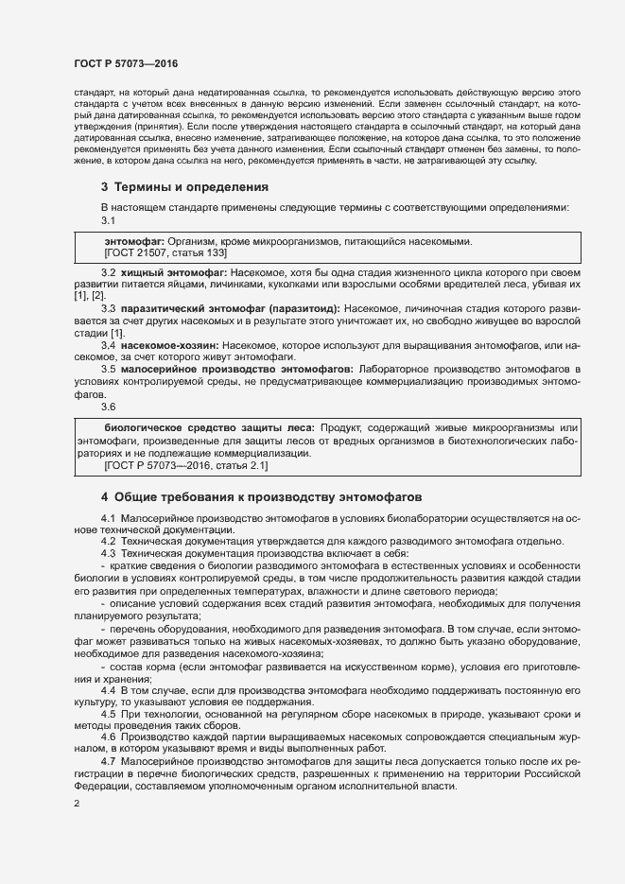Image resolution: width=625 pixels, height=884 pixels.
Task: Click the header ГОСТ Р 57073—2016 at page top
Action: tap(125, 63)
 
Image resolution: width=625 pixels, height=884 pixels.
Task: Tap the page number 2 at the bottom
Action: tap(77, 804)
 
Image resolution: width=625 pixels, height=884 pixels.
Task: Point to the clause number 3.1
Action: tap(108, 219)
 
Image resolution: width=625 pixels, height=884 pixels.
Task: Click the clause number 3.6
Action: tap(108, 406)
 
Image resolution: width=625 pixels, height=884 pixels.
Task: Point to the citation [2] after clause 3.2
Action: tap(98, 296)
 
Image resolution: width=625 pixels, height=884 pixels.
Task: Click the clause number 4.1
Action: tap(108, 518)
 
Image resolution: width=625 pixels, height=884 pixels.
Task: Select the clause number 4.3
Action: tap(108, 552)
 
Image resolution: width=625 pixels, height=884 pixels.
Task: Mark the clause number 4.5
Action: tap(108, 714)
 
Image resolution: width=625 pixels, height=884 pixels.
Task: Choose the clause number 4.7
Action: tap(108, 761)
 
